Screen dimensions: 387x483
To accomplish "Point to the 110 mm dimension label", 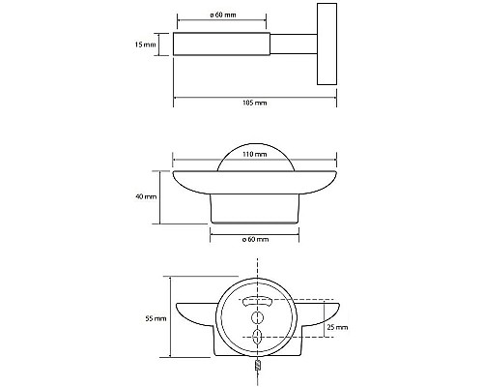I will pyautogui.click(x=255, y=154).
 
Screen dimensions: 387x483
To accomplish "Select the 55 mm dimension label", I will pyautogui.click(x=149, y=315).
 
